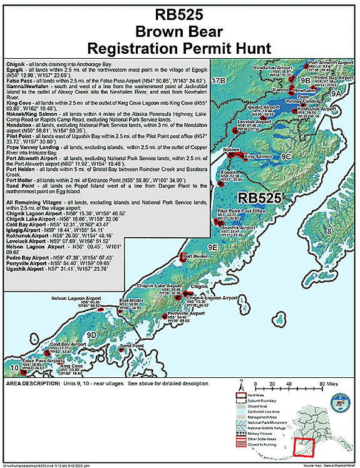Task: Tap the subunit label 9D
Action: tap(92, 336)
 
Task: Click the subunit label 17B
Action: tap(218, 82)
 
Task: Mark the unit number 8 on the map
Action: tap(345, 232)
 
